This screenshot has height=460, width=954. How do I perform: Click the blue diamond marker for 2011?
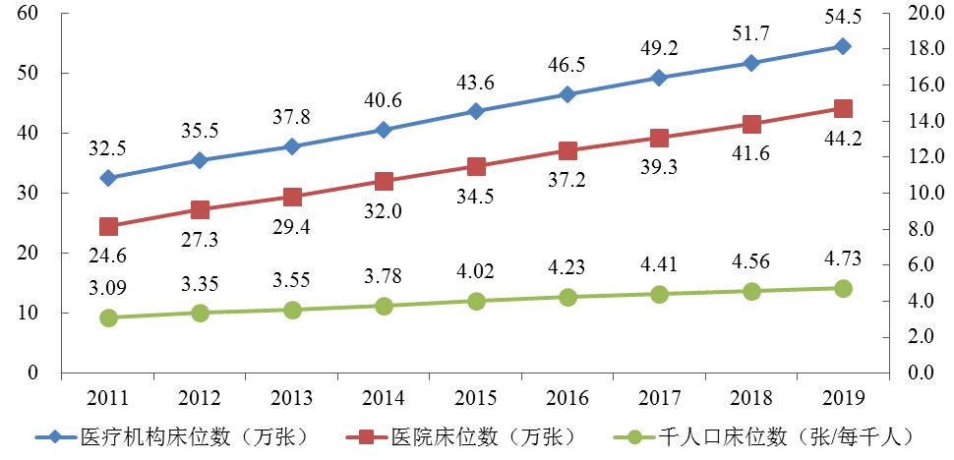(x=108, y=178)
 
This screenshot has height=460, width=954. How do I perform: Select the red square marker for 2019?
(x=843, y=108)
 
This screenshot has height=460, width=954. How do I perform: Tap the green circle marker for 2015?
(x=476, y=301)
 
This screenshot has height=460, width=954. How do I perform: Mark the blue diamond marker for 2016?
(x=567, y=94)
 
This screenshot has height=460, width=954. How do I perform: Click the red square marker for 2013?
(x=292, y=198)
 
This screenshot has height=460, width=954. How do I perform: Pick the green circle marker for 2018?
(x=751, y=291)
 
